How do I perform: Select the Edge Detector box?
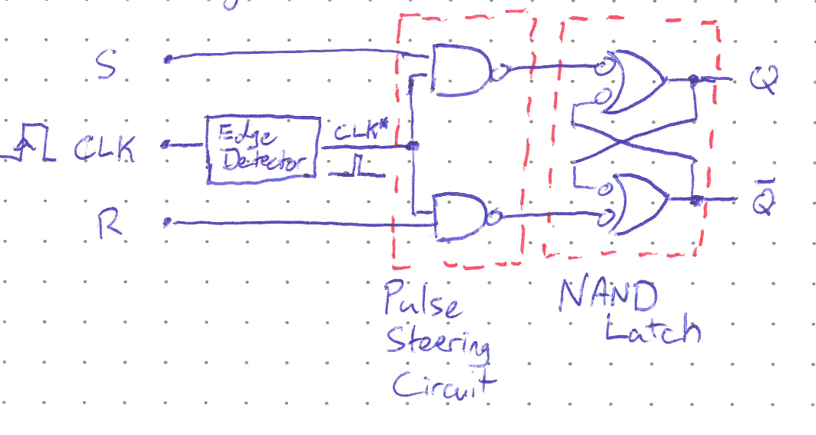pos(263,149)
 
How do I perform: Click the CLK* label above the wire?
pos(355,132)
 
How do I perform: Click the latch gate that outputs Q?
pos(639,80)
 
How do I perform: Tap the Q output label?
pos(765,78)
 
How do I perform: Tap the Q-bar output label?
pos(764,198)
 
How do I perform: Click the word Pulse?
pos(423,299)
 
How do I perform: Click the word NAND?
pos(609,295)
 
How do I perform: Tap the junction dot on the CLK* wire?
pos(413,145)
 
